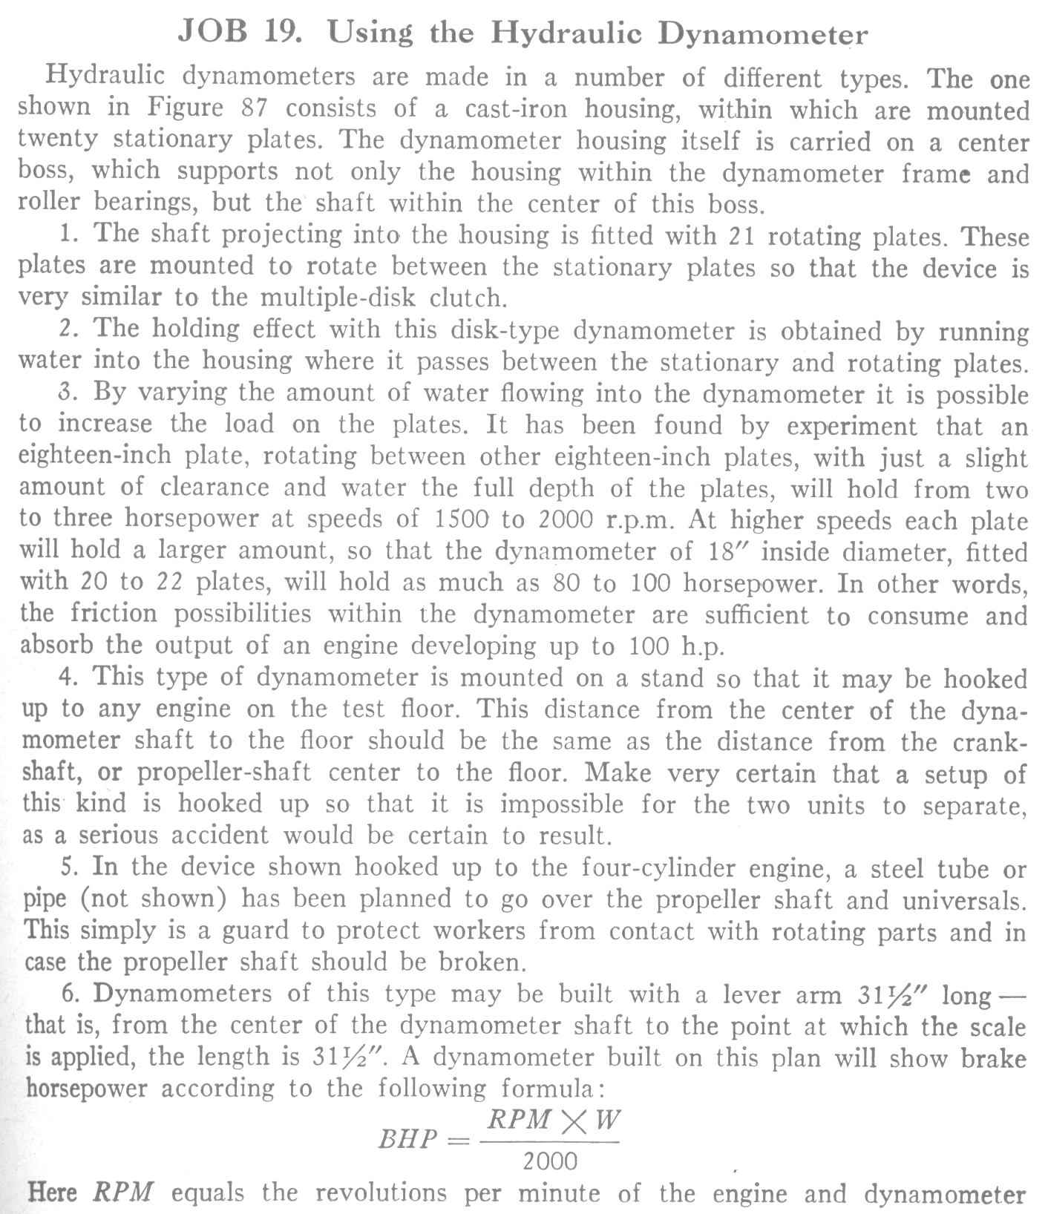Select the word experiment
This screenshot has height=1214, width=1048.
point(853,427)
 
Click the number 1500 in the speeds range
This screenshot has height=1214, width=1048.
point(458,519)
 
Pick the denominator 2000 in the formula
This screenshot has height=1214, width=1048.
point(549,1161)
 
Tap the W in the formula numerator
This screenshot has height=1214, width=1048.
point(606,1120)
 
